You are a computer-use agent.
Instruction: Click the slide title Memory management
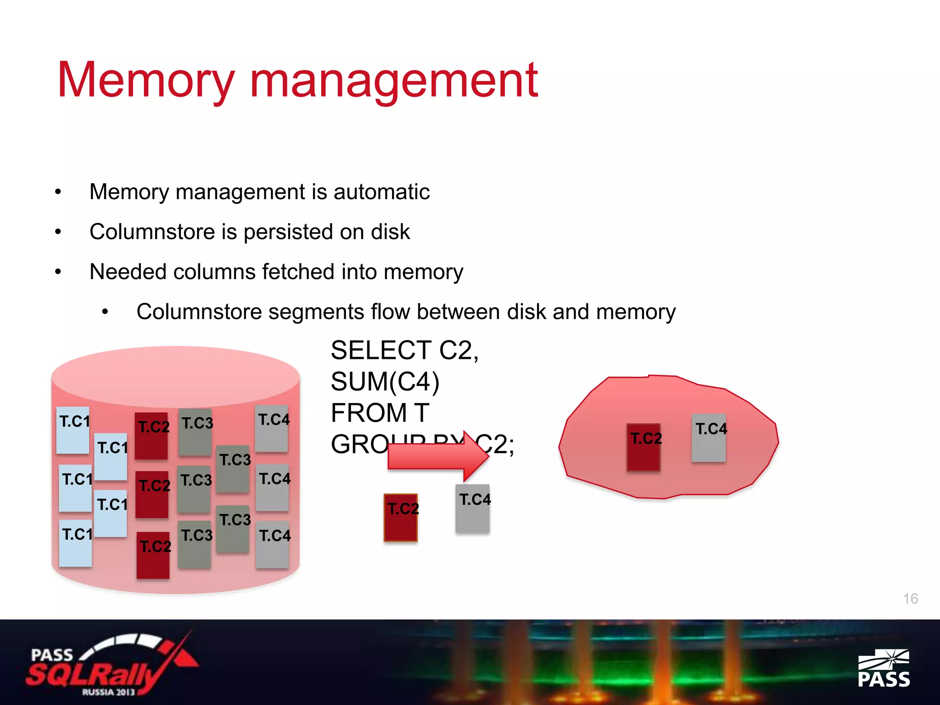297,80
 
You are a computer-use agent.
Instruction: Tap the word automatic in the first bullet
381,192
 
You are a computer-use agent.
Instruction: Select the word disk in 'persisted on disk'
390,232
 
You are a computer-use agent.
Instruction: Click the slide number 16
910,599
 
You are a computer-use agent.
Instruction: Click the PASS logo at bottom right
884,668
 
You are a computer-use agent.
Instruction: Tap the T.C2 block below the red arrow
401,518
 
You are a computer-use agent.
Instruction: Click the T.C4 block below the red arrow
473,509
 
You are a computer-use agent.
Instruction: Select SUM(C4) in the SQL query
385,382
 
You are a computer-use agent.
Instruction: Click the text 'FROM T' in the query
380,413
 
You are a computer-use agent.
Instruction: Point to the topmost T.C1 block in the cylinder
73,430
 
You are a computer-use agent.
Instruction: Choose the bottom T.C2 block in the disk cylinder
153,555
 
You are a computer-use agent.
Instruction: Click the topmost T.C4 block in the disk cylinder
272,428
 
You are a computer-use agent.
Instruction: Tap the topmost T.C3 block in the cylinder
196,432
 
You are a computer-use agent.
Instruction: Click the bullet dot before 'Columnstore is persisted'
58,232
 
